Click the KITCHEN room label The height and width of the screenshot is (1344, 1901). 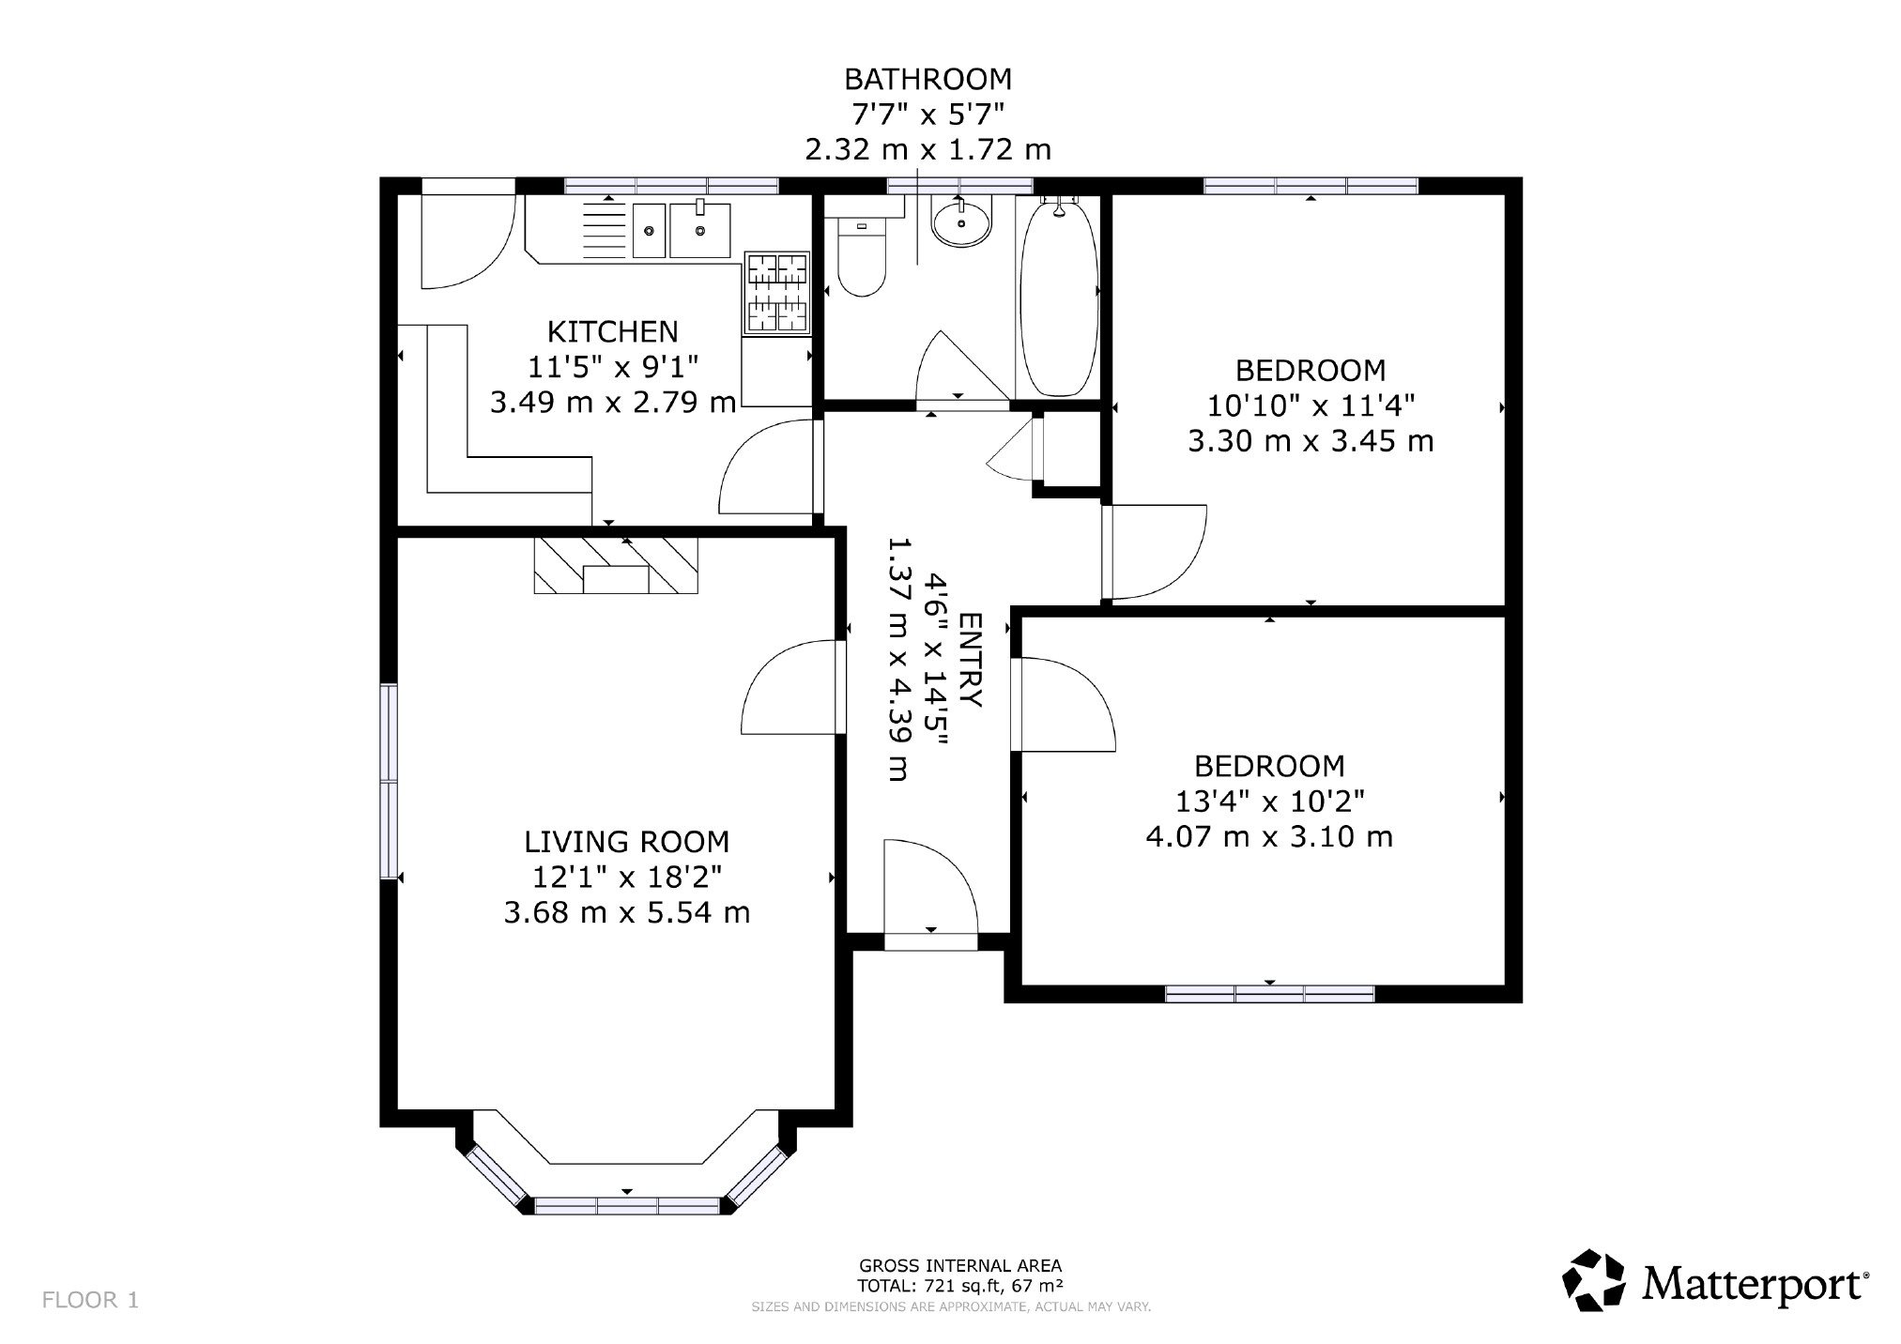coord(612,331)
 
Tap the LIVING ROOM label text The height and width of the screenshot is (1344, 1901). coord(626,841)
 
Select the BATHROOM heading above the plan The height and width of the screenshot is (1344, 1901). coord(928,78)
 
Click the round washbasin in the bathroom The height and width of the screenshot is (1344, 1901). coord(960,222)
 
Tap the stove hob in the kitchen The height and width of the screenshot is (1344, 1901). coord(776,294)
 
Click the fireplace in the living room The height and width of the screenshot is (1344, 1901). coord(616,565)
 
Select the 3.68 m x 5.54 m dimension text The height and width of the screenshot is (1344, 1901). coord(626,912)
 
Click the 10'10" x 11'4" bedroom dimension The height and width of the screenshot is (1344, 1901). coord(1311,405)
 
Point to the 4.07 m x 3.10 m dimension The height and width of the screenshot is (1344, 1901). coord(1269,835)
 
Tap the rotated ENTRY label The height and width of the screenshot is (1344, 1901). coord(971,660)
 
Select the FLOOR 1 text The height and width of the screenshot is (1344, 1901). coord(90,1300)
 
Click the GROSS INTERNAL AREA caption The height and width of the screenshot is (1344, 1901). coord(960,1266)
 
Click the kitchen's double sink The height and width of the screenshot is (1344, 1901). coord(682,230)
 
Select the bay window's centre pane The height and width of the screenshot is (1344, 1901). coord(627,1207)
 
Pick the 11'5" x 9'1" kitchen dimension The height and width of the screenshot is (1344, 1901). coord(612,367)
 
